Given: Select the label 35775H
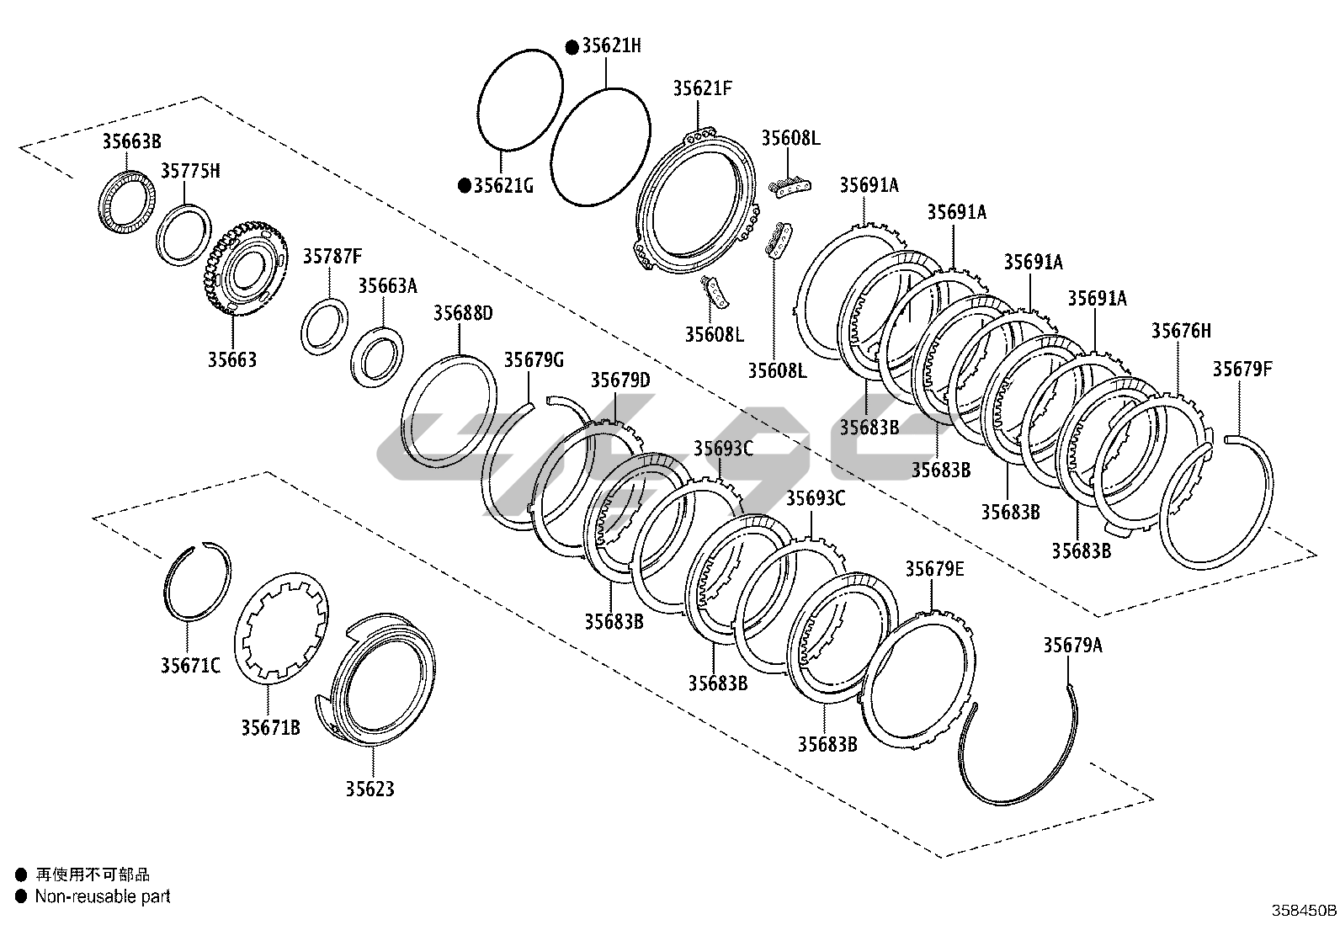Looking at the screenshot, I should (190, 171).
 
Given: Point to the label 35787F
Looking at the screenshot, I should (332, 256).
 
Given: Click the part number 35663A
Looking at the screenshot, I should (387, 285).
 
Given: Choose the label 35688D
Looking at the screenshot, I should (463, 314).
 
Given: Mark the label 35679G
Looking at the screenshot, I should (534, 360).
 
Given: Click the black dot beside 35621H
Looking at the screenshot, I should (572, 46).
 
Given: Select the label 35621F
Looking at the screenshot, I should (703, 88).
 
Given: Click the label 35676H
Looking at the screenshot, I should (1182, 331).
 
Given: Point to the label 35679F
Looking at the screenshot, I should (1242, 369).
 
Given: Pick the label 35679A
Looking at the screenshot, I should (1072, 645).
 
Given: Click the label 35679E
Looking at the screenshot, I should (934, 569).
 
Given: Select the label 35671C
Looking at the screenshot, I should (190, 666).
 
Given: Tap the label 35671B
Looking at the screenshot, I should (270, 727).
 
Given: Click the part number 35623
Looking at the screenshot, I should (369, 789).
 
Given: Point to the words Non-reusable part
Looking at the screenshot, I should (103, 896).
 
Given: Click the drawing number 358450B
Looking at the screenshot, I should (1304, 910).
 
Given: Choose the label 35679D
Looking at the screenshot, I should (620, 380).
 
